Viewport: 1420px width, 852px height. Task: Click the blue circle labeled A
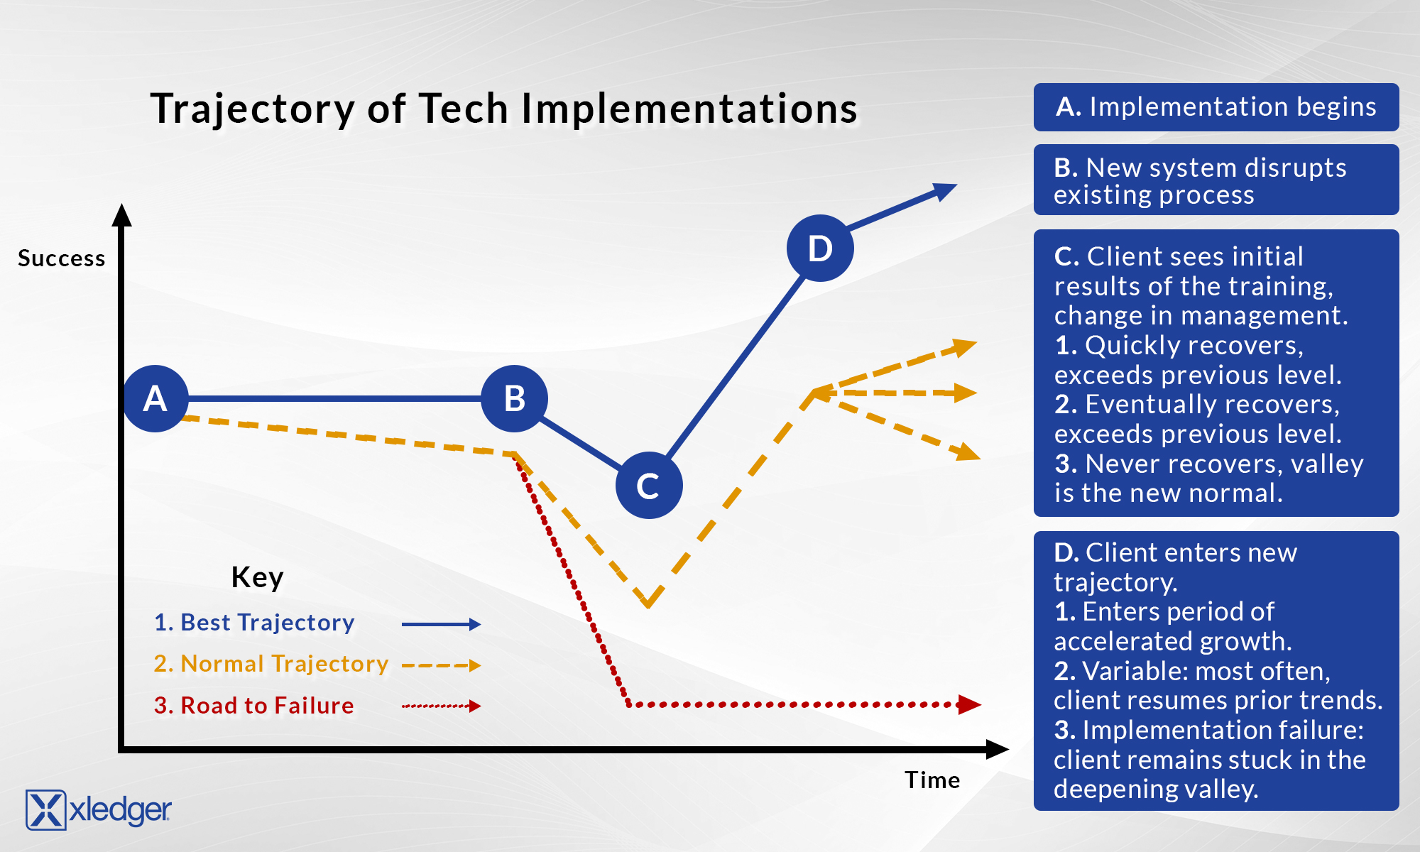155,398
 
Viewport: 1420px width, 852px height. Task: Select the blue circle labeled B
514,398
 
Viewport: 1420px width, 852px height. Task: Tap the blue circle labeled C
648,486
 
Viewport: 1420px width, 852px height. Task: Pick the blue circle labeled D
820,248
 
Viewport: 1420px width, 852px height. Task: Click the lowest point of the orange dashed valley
648,604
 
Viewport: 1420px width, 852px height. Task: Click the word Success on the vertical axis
61,258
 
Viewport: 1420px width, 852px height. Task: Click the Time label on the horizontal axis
932,780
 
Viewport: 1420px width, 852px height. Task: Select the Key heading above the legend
257,577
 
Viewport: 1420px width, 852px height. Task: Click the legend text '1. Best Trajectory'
254,623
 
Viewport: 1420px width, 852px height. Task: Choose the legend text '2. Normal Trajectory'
271,664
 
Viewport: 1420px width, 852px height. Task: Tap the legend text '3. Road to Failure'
253,706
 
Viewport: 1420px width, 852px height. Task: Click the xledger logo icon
45,810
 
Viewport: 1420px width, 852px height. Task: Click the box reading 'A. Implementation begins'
1216,107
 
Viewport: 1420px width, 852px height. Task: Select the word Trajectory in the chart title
252,109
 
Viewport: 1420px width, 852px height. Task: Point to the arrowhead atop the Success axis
122,215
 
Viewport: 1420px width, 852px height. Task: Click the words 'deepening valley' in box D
1155,790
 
